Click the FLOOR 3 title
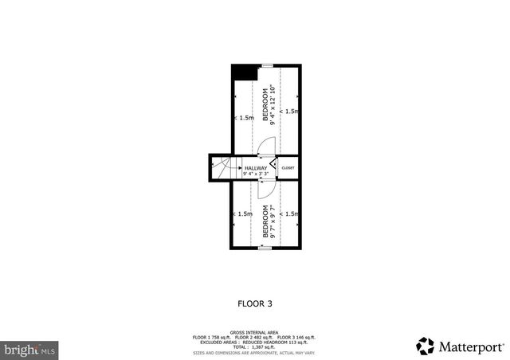[x=255, y=303]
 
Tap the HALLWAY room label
[x=256, y=168]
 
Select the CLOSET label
[x=288, y=168]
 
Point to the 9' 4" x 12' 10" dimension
[x=273, y=106]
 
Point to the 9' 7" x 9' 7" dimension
[x=273, y=225]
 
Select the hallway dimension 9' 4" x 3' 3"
[x=256, y=174]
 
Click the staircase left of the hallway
[x=221, y=168]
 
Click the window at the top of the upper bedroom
[x=269, y=65]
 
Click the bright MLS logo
[x=30, y=349]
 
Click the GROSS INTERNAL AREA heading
[x=255, y=332]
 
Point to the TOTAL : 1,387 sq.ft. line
[x=255, y=346]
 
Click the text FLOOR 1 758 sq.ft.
[x=211, y=337]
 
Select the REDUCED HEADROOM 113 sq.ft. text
[x=276, y=342]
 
